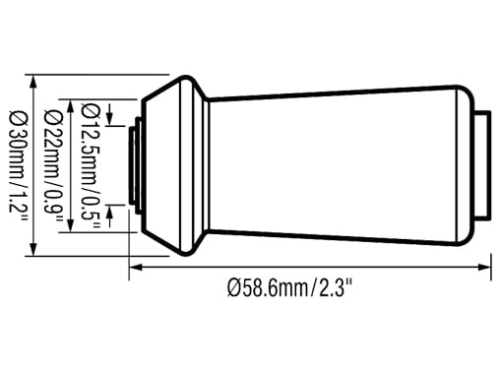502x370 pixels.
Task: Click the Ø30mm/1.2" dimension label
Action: tap(19, 166)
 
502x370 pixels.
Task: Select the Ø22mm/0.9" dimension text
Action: tap(52, 165)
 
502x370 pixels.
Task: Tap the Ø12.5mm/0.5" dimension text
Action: tap(90, 166)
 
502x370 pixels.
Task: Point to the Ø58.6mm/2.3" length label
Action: tap(290, 287)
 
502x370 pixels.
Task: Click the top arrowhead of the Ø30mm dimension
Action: tap(32, 81)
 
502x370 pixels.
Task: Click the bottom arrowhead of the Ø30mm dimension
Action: tap(32, 249)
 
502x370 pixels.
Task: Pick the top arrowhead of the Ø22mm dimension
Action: tap(70, 105)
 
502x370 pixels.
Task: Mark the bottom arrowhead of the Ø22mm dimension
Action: tap(70, 225)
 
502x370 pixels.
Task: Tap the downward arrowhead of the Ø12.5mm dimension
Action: tap(110, 119)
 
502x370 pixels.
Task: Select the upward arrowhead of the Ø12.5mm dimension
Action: tap(110, 211)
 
